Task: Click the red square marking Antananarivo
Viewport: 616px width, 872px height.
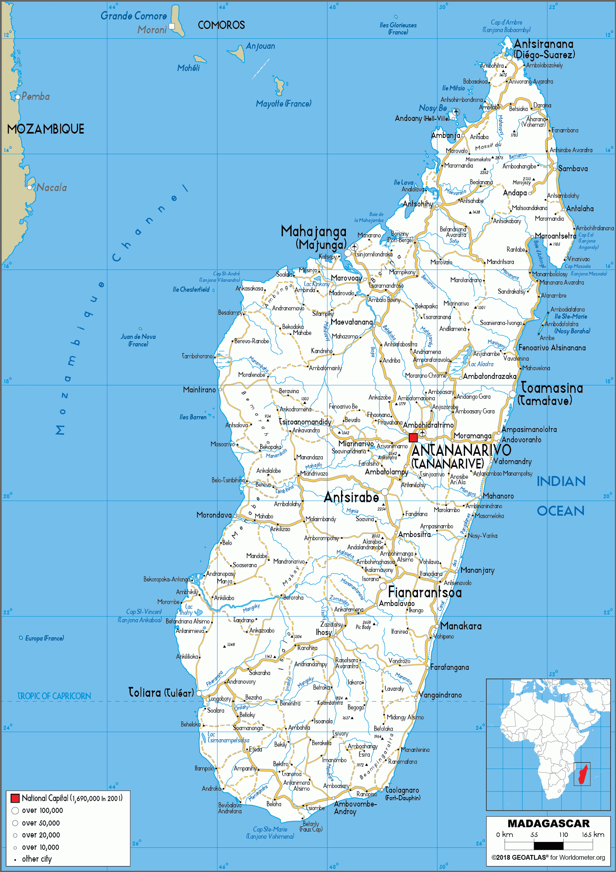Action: [x=413, y=438]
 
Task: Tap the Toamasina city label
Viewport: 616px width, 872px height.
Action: [x=551, y=388]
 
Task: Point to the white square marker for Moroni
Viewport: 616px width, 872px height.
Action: [x=172, y=26]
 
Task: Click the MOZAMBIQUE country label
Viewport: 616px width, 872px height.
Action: [x=46, y=129]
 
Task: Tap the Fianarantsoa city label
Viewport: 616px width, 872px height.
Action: [x=425, y=592]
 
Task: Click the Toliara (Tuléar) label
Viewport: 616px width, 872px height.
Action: [x=161, y=692]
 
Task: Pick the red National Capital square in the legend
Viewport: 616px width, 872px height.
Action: [x=15, y=798]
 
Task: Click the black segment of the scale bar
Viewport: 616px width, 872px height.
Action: [x=548, y=845]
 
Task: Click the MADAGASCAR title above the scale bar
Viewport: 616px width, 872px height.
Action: [x=548, y=824]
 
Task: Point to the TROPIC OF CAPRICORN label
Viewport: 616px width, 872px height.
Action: [x=54, y=696]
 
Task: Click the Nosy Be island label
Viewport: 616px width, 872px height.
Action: [x=433, y=108]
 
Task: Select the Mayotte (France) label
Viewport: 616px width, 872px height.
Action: [x=283, y=104]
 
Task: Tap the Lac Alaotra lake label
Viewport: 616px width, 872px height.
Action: [x=481, y=364]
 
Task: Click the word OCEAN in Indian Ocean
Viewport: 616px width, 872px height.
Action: [x=561, y=511]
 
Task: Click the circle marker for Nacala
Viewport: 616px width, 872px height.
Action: [x=30, y=187]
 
